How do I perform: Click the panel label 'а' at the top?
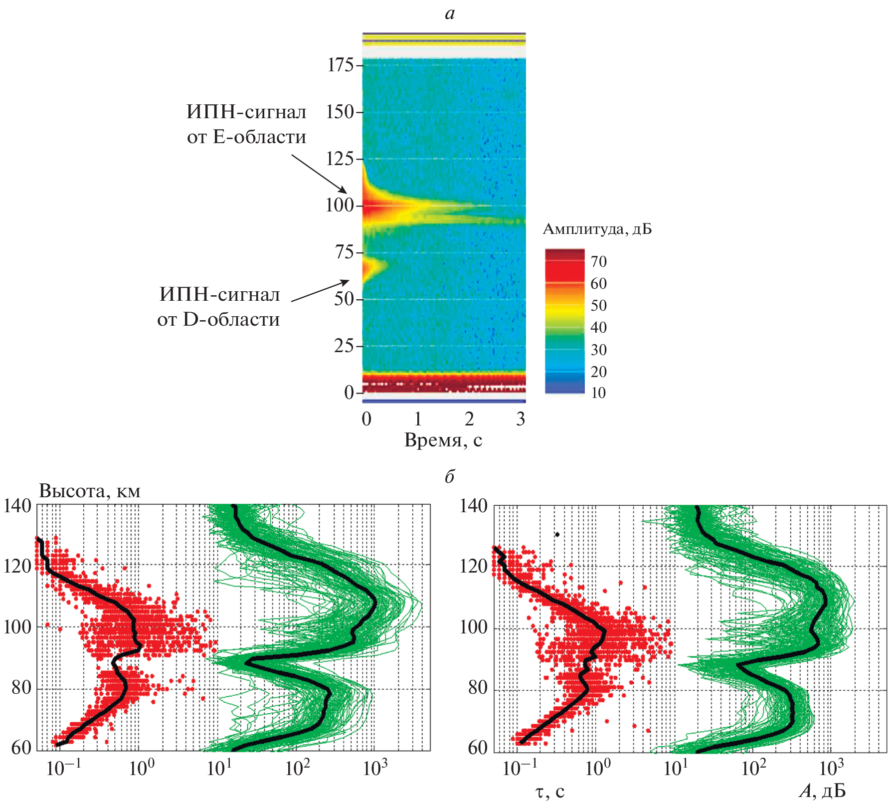tap(450, 13)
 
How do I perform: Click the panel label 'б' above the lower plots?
tap(450, 477)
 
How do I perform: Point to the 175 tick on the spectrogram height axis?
tap(340, 65)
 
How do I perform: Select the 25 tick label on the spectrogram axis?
tap(344, 346)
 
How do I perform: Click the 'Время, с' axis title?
tap(443, 440)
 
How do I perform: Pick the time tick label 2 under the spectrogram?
tap(469, 419)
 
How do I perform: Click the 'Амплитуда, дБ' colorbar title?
tap(597, 229)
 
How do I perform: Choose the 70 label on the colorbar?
tap(598, 261)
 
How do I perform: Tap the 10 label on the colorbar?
tap(598, 393)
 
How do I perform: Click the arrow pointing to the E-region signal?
tap(319, 174)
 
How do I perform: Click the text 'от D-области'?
tap(218, 319)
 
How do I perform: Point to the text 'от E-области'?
tap(246, 137)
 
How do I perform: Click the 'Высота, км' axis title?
tap(90, 491)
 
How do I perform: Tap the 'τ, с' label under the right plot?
tap(550, 791)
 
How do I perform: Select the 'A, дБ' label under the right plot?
tap(822, 791)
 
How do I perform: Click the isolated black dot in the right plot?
tap(557, 534)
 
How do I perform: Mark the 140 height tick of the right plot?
tap(473, 506)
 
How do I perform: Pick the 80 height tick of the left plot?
tap(21, 688)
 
